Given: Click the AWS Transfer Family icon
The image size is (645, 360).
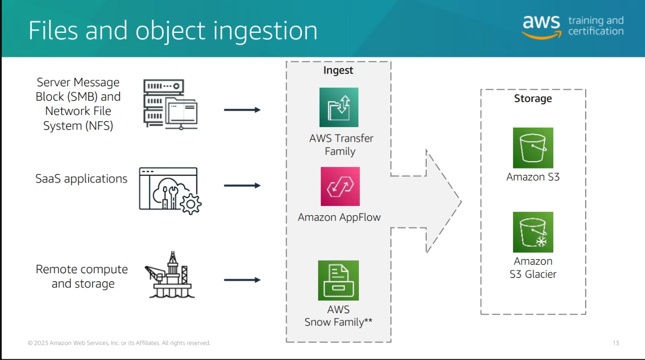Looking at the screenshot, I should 339,107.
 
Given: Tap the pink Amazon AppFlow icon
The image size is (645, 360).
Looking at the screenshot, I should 340,186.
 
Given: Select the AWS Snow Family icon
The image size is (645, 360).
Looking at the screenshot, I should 338,280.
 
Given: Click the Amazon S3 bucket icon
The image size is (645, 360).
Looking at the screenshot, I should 533,148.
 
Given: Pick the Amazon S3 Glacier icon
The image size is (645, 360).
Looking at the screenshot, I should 533,232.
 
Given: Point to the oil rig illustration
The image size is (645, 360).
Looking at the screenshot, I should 166,275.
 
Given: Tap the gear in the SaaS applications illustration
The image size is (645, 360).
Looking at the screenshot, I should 190,203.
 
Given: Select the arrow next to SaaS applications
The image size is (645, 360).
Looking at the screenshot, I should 242,185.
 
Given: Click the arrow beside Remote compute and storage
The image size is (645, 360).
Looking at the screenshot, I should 242,280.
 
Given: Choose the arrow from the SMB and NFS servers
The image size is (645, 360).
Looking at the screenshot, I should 242,110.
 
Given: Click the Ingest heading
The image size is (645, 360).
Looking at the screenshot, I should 338,70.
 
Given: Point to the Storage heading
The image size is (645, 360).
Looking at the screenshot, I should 533,99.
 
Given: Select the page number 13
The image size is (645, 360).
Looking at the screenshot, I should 616,343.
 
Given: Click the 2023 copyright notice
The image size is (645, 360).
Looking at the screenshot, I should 119,343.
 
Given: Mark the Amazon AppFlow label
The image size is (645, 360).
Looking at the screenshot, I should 339,217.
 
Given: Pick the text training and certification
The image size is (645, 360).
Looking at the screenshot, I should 596,26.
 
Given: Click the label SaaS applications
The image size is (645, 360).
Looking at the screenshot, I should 82,179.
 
